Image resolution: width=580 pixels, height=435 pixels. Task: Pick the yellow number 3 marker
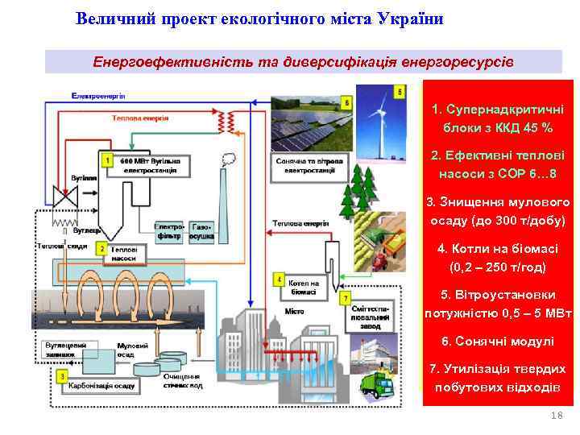[63, 376]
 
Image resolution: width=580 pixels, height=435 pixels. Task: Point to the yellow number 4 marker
[280, 280]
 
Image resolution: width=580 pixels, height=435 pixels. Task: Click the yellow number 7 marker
[346, 299]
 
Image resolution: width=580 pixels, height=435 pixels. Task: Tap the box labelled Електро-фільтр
[171, 232]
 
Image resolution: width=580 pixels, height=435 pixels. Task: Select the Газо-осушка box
[201, 232]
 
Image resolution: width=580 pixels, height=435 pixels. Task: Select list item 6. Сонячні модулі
[497, 342]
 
